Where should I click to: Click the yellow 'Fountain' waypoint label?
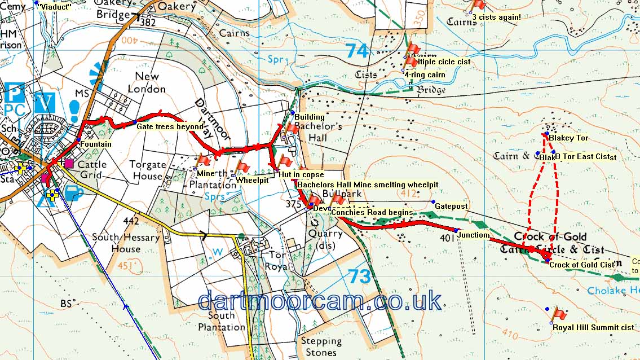pyautogui.click(x=95, y=144)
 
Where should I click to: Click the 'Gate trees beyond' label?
pyautogui.click(x=170, y=127)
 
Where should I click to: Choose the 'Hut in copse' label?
pyautogui.click(x=301, y=175)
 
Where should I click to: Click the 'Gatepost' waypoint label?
pyautogui.click(x=451, y=206)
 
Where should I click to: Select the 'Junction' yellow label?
pyautogui.click(x=473, y=235)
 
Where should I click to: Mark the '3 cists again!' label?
pyautogui.click(x=496, y=17)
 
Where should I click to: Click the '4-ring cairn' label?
pyautogui.click(x=425, y=74)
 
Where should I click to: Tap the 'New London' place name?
pyautogui.click(x=147, y=82)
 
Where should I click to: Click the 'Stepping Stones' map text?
pyautogui.click(x=321, y=346)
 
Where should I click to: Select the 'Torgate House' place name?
pyautogui.click(x=148, y=170)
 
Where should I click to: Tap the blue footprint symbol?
pyautogui.click(x=74, y=109)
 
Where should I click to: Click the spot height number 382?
pyautogui.click(x=147, y=23)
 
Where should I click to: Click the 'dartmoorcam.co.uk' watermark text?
pyautogui.click(x=320, y=301)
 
